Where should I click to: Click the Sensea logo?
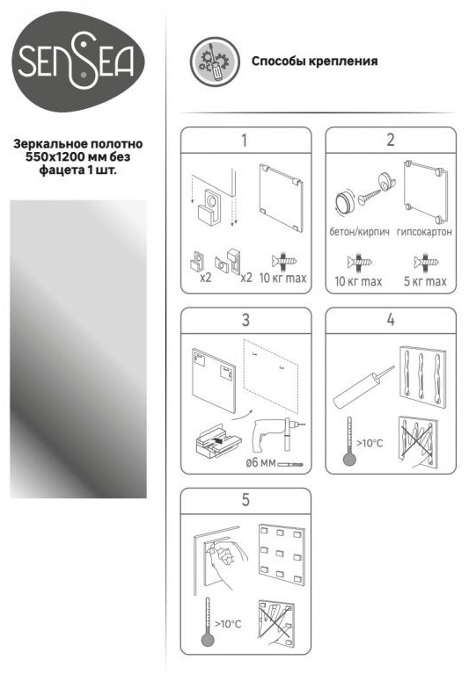tap(77, 62)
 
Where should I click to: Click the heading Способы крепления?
tap(314, 61)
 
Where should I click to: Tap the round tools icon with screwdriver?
tap(215, 61)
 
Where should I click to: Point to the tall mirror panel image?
tap(78, 349)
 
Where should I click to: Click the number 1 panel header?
tap(245, 140)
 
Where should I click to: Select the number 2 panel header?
tap(391, 140)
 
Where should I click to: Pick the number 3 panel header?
tap(245, 320)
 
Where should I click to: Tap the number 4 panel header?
tap(391, 320)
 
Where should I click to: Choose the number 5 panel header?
tap(245, 500)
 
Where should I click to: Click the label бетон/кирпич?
tap(359, 232)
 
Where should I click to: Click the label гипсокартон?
tap(424, 232)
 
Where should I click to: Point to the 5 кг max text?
tap(425, 281)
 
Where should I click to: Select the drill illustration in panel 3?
tap(277, 433)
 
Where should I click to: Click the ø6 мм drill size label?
tap(260, 463)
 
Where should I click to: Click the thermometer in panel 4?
tap(349, 441)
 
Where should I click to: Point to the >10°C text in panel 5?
tap(228, 624)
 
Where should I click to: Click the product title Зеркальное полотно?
tap(78, 143)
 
